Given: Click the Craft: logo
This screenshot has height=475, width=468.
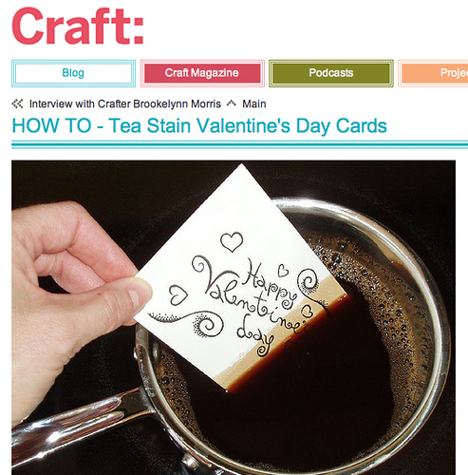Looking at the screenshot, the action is point(78,26).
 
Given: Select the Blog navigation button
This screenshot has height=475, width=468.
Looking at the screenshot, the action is point(73,73).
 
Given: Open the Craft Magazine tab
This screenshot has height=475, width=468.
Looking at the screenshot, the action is point(202,73).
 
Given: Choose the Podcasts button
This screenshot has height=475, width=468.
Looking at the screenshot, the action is point(331,73).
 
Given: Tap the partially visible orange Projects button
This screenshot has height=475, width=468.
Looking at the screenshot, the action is point(433,73).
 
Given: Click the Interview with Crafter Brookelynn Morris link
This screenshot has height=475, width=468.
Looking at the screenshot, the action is point(125,104).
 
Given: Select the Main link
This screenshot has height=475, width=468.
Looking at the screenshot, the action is point(254,104).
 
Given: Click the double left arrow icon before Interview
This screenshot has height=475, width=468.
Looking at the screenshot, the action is point(17,104).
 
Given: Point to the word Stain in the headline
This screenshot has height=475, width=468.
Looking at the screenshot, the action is point(169,125).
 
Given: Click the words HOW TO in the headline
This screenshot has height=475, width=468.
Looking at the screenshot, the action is point(51,125).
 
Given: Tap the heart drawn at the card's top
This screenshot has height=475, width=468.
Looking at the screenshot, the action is point(232,241).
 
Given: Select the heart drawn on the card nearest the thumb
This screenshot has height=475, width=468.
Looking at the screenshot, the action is point(178,294).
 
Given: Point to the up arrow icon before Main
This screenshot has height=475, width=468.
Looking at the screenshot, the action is point(232,104).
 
